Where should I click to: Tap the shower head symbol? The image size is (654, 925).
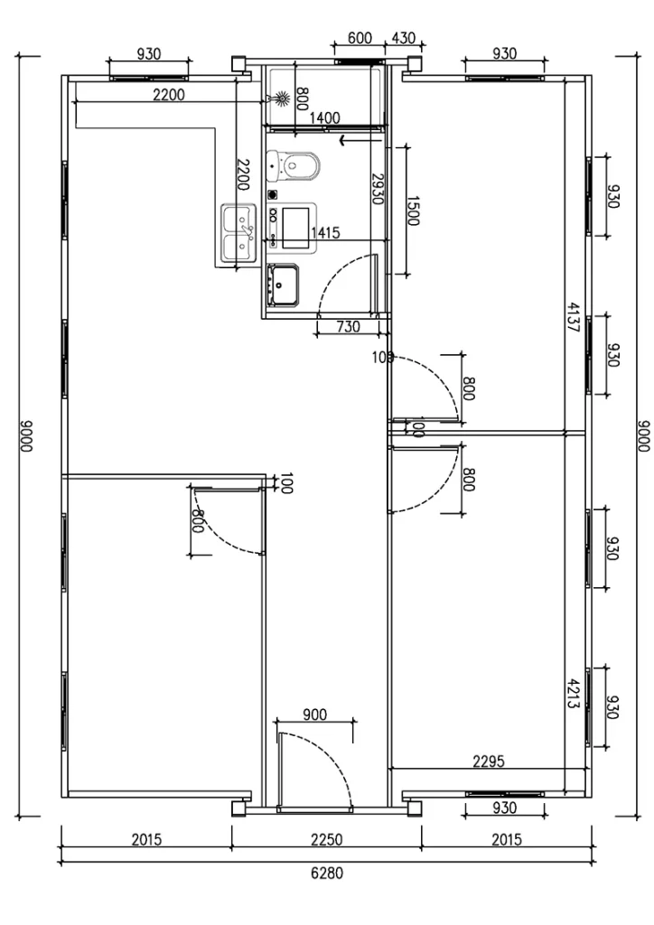(x=282, y=97)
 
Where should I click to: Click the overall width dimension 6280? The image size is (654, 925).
(x=326, y=874)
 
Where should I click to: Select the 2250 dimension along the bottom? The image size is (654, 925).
(x=326, y=839)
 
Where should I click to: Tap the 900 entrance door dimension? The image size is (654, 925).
(x=314, y=715)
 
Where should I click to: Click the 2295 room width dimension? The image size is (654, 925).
(x=489, y=761)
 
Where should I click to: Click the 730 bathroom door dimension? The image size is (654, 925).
(x=348, y=326)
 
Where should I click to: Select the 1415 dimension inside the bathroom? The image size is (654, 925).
(x=324, y=233)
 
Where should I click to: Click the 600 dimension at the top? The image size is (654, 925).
(x=360, y=38)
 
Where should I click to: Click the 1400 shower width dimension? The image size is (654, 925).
(x=324, y=117)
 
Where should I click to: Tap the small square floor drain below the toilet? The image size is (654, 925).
(x=272, y=193)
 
